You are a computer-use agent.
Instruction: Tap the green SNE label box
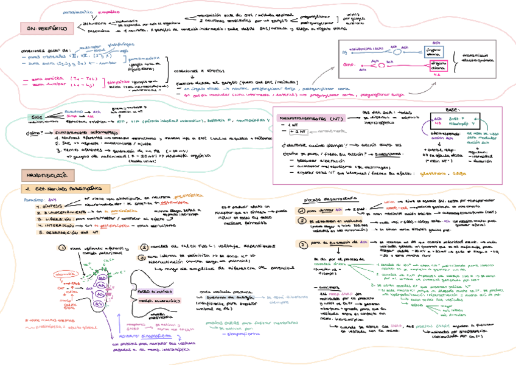(x=38, y=115)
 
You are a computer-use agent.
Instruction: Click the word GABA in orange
(x=457, y=173)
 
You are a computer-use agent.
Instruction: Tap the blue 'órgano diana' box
(x=434, y=50)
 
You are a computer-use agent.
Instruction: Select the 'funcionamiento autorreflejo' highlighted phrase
(x=66, y=132)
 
